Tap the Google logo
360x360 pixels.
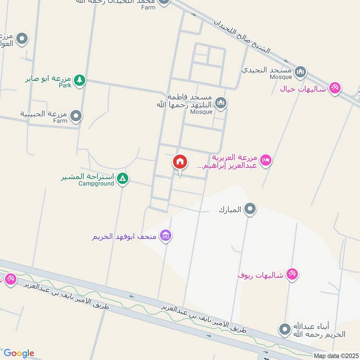(x=19, y=353)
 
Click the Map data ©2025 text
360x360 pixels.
(x=335, y=355)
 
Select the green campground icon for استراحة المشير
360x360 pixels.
(x=122, y=179)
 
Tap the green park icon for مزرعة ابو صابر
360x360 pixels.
(x=80, y=80)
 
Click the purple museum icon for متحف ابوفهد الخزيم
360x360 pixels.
(x=166, y=235)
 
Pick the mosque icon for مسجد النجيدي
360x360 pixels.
(x=300, y=71)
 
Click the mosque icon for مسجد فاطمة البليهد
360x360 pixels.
(x=220, y=104)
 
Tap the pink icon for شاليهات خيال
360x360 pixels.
(x=334, y=88)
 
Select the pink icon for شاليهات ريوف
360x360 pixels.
(x=292, y=274)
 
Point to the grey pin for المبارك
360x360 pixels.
(x=250, y=209)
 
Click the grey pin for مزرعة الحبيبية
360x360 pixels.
(x=76, y=116)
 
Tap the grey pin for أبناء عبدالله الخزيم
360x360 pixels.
(x=284, y=330)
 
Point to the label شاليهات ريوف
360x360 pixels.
(x=261, y=275)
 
